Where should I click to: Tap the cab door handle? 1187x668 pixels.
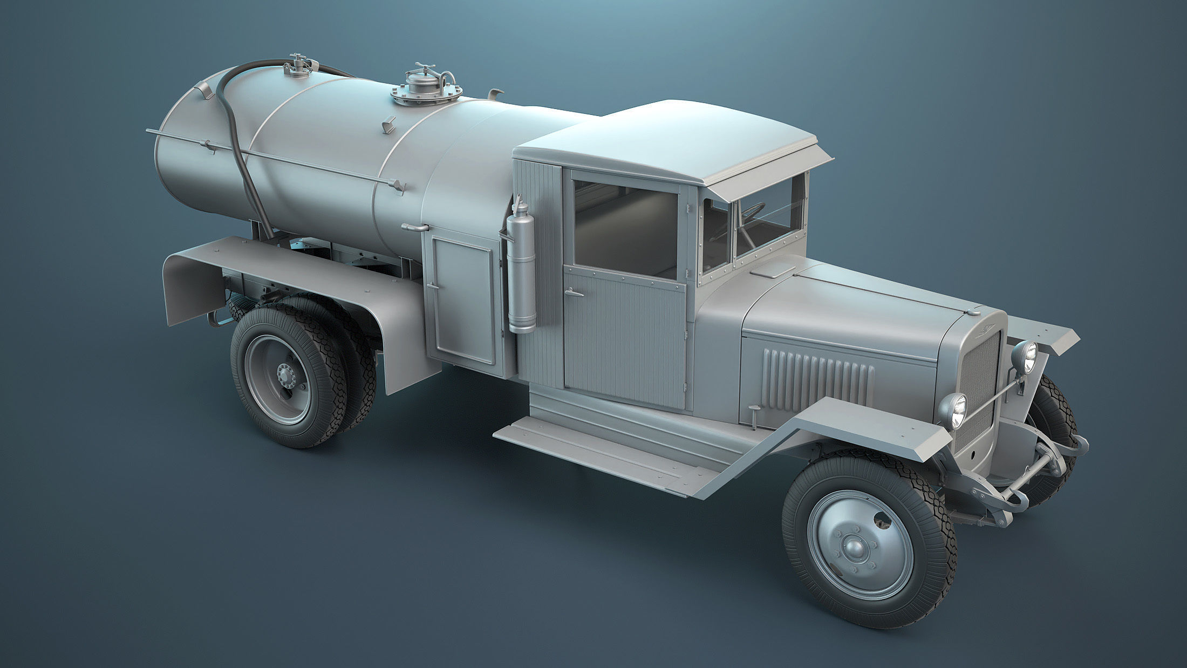coord(572,293)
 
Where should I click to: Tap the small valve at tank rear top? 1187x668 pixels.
coord(297,66)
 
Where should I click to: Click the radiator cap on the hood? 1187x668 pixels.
coord(974,311)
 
